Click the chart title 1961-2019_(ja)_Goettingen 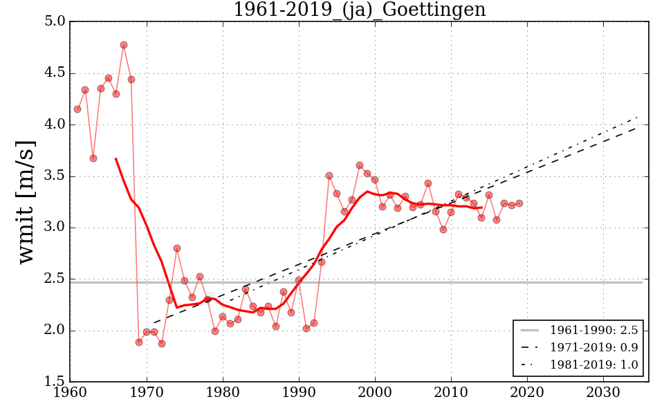[x=359, y=10]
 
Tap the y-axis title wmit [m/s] [x=26, y=201]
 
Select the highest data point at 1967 [x=124, y=45]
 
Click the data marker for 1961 [x=77, y=109]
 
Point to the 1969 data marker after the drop [x=139, y=342]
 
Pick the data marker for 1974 [x=177, y=248]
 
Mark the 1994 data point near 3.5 [x=329, y=176]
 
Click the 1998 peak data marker [x=360, y=165]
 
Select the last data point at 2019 [x=519, y=203]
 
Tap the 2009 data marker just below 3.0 [x=443, y=230]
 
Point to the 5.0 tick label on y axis [x=56, y=21]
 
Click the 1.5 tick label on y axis [x=56, y=382]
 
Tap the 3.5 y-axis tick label [x=56, y=176]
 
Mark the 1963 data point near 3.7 [x=93, y=158]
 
